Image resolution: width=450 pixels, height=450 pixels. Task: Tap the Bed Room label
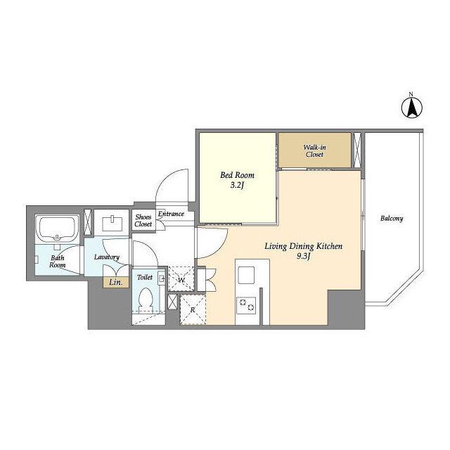pyautogui.click(x=237, y=175)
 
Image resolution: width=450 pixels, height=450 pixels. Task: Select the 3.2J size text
pyautogui.click(x=237, y=186)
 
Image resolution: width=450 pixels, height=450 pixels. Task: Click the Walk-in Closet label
pyautogui.click(x=314, y=151)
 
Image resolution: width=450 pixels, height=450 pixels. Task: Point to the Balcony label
pyautogui.click(x=392, y=219)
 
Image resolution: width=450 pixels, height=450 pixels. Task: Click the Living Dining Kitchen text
pyautogui.click(x=303, y=246)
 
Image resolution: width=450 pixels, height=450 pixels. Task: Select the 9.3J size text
pyautogui.click(x=303, y=256)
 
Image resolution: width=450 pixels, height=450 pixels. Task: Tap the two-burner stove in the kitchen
pyautogui.click(x=246, y=305)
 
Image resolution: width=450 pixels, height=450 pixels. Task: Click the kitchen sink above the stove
pyautogui.click(x=246, y=275)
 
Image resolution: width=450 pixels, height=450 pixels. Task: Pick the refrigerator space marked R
pyautogui.click(x=193, y=309)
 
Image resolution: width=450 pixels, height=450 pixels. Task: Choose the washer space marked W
pyautogui.click(x=181, y=279)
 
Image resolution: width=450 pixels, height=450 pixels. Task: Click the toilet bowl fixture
pyautogui.click(x=146, y=300)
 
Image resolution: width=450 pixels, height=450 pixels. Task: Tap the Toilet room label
pyautogui.click(x=145, y=277)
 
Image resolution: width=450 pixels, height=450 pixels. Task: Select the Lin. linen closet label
pyautogui.click(x=115, y=283)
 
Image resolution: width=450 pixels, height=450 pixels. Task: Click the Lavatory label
pyautogui.click(x=107, y=257)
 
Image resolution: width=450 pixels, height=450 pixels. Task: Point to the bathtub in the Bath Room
pyautogui.click(x=58, y=229)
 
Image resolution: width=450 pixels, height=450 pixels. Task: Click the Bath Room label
pyautogui.click(x=57, y=262)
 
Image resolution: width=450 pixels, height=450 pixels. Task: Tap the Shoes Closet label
pyautogui.click(x=143, y=220)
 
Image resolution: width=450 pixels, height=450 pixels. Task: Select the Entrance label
pyautogui.click(x=171, y=214)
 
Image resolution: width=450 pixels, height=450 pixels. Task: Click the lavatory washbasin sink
pyautogui.click(x=112, y=223)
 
